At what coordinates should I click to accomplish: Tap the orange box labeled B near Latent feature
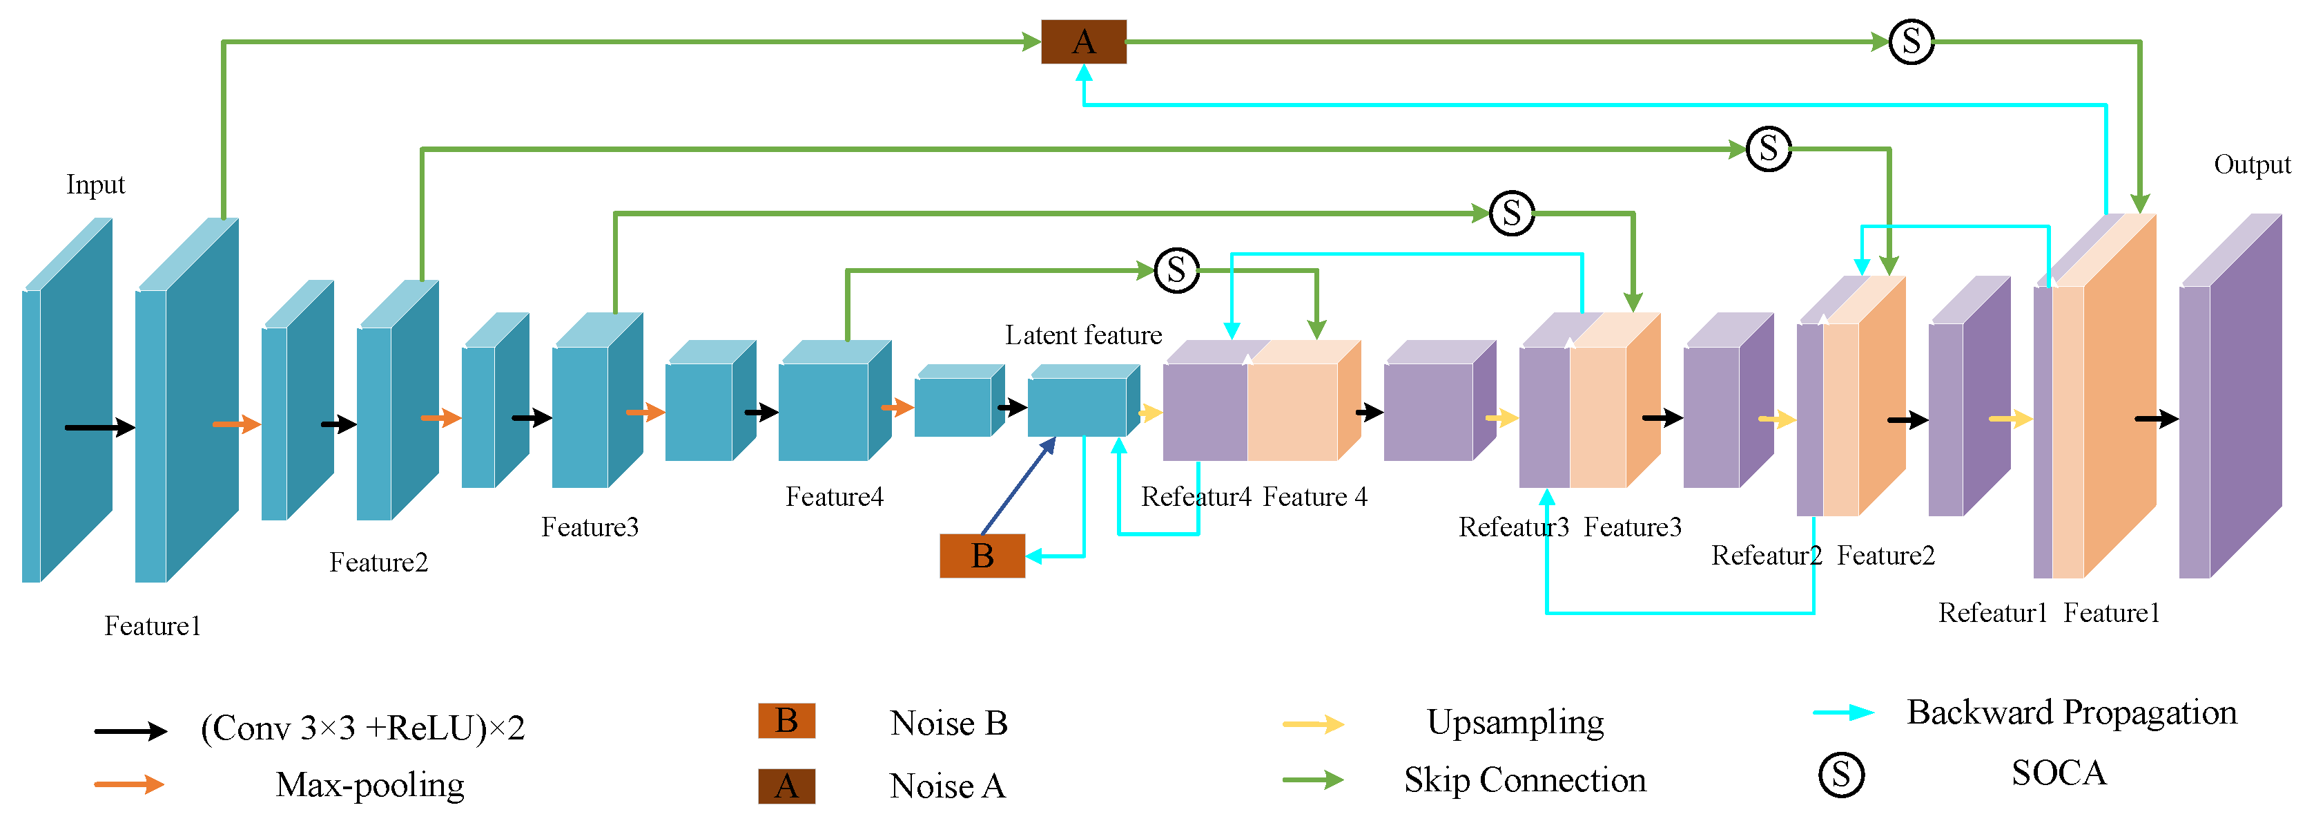982,556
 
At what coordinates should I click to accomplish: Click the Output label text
2251,164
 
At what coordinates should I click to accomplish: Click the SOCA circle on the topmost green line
1912,42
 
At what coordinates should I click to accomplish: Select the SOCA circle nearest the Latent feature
1176,270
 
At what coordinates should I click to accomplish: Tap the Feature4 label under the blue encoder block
834,497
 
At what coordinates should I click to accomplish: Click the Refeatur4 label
1196,497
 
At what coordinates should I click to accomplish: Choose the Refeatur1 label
1993,613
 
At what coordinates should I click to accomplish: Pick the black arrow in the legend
130,731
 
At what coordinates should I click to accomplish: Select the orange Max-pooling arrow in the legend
130,785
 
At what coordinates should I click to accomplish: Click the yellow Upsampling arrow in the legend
1313,724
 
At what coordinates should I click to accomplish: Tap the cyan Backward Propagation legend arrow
1843,713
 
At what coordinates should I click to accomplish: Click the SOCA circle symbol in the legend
1840,775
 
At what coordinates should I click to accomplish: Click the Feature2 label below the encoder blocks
378,563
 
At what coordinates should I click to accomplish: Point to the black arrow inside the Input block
99,428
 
